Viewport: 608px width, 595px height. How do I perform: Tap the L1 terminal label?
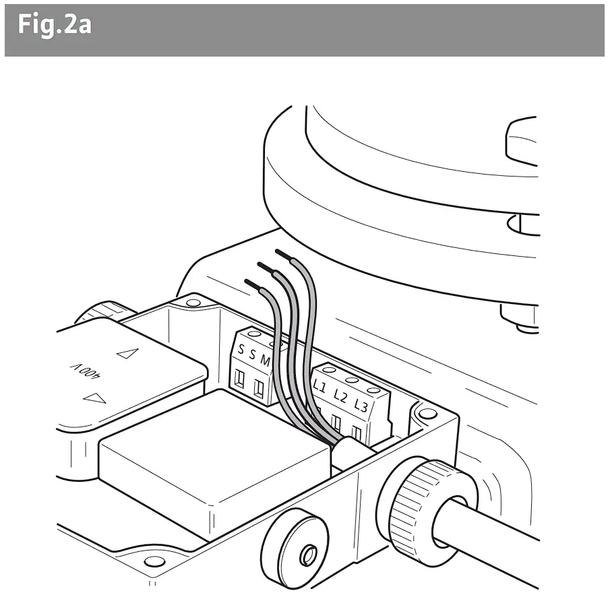click(x=320, y=387)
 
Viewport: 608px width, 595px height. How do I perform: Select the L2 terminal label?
click(x=340, y=397)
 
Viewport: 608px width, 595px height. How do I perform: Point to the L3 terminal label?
click(x=361, y=406)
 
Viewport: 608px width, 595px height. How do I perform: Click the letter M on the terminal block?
click(x=265, y=362)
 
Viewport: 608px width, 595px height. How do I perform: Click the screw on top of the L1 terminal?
click(x=331, y=370)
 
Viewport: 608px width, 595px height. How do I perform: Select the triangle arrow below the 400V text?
click(x=95, y=398)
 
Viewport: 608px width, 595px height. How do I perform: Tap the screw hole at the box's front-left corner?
click(x=154, y=561)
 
